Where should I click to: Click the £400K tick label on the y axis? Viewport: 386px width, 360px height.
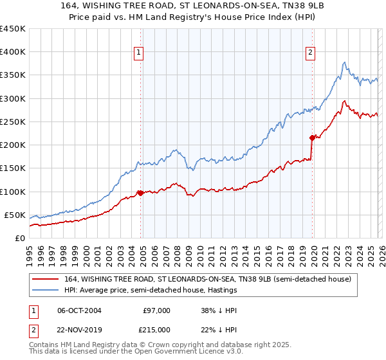point(12,52)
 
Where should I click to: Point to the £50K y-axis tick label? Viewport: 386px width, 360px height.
point(14,215)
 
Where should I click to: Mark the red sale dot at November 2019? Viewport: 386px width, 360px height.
point(312,138)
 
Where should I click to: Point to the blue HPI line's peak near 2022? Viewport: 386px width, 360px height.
point(345,62)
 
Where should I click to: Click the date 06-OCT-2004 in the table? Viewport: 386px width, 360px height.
point(79,310)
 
